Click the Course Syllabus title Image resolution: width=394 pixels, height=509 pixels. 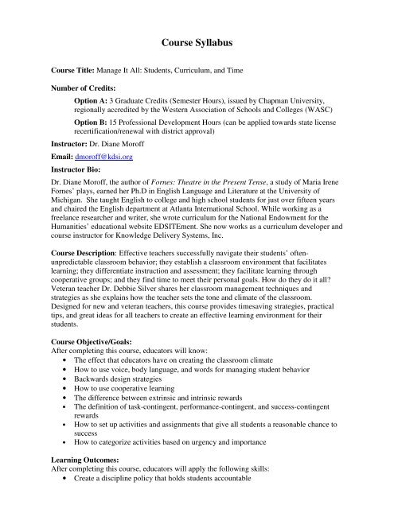tap(196, 41)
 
